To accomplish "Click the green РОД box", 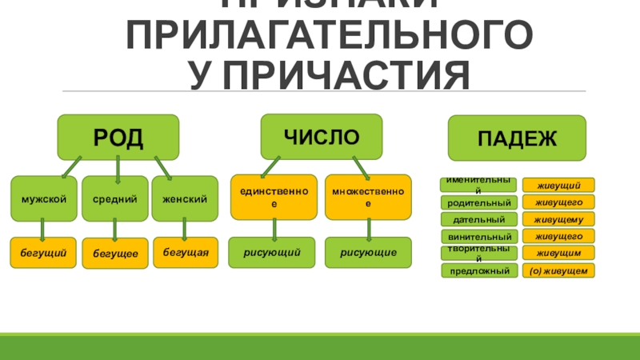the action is (118, 137).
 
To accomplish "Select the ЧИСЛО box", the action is (322, 136).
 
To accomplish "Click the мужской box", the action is (44, 198).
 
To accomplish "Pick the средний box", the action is (114, 198).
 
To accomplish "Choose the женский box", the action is (185, 198).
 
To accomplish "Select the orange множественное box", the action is (368, 197).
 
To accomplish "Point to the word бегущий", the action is (43, 253).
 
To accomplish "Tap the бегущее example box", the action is (115, 253).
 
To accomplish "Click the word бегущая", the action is (186, 252).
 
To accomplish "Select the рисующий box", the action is (274, 252).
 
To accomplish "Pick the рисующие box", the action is (368, 252).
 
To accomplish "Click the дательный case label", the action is (478, 219).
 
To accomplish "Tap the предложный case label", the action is (478, 271).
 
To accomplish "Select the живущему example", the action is (558, 219).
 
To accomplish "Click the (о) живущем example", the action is (558, 271).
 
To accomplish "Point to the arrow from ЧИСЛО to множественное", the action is (359, 167).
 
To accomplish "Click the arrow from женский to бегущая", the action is (185, 230).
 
